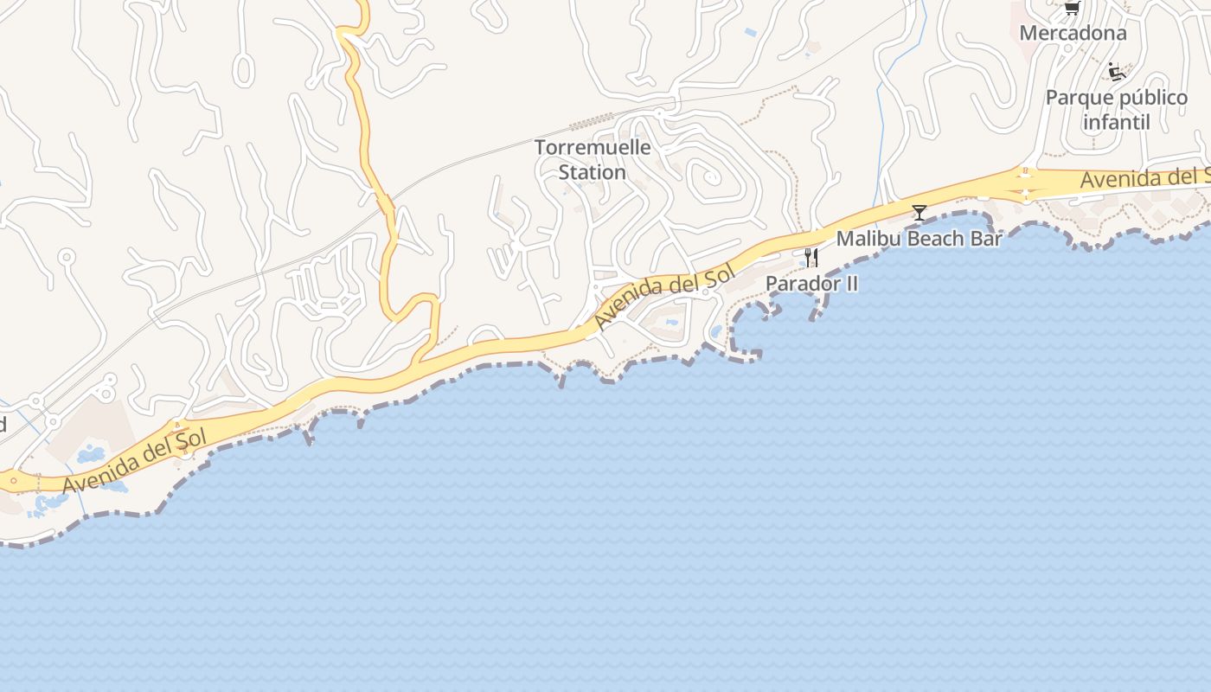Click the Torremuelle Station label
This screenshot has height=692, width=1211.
click(593, 160)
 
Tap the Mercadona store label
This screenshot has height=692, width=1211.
click(1073, 34)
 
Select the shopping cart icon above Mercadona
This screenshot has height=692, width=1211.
click(1072, 8)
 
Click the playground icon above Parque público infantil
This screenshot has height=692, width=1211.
click(1117, 73)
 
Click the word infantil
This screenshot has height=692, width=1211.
click(1116, 123)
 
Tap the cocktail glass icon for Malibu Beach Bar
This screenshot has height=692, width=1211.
click(919, 212)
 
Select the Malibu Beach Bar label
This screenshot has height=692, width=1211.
click(919, 239)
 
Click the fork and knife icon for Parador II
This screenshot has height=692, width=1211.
click(811, 257)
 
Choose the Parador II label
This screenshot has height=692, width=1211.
click(811, 284)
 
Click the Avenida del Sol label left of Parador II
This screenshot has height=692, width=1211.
click(664, 296)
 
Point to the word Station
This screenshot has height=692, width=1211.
click(592, 173)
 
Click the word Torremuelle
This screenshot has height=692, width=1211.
click(593, 148)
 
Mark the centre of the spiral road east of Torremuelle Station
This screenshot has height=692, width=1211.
click(711, 178)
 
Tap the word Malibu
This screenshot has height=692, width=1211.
click(865, 239)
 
